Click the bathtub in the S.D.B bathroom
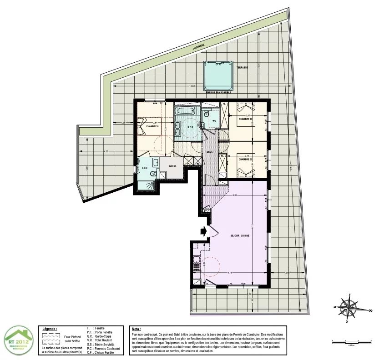click(186, 111)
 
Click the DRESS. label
click(173, 166)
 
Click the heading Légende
click(50, 328)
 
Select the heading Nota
click(136, 328)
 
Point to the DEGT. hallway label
click(210, 152)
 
